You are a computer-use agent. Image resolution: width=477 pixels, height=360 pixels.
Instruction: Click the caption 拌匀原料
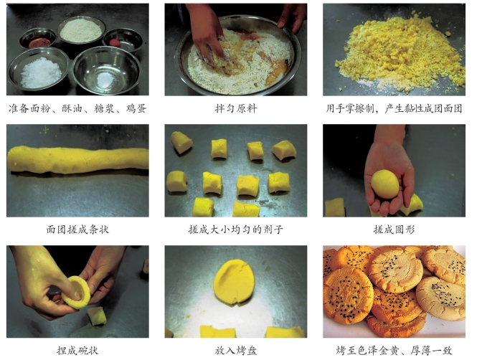coord(236,108)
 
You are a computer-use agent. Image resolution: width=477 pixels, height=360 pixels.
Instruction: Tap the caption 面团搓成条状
coord(77,229)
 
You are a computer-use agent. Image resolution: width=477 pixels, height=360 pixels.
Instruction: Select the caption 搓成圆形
coord(394,229)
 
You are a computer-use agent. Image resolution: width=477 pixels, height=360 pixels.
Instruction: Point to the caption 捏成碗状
coord(77,351)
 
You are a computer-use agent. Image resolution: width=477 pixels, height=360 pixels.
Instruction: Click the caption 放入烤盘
coord(236,351)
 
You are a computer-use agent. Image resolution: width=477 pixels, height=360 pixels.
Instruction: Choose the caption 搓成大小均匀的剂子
coord(236,229)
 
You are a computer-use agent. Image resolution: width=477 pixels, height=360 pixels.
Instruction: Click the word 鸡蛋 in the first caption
coord(136,108)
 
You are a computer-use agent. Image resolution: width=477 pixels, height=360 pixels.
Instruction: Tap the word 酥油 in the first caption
coord(72,108)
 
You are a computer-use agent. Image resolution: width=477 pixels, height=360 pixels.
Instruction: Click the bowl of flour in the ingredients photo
coord(82,30)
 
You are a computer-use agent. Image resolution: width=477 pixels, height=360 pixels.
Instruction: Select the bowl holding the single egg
coord(123,40)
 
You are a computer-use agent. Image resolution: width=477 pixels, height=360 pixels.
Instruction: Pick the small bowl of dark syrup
coord(38,39)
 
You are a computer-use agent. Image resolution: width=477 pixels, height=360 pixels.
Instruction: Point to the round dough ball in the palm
coord(384,184)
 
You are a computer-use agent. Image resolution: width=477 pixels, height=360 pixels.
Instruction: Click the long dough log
coord(78,159)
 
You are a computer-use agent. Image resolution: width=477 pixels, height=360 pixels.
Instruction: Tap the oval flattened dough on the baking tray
coord(234,281)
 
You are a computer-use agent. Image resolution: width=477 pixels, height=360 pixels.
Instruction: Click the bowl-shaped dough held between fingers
coord(76,293)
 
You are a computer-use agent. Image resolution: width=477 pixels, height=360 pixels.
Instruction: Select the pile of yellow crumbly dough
coord(402,53)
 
